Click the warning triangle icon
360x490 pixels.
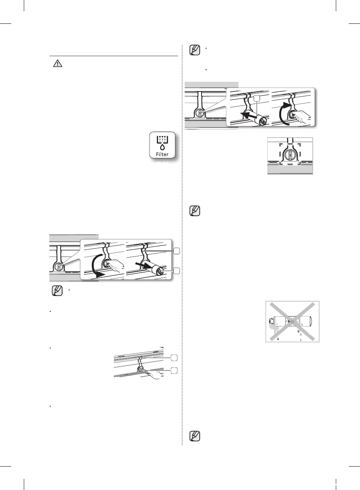click(58, 64)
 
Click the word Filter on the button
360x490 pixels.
click(162, 154)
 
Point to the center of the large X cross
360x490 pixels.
click(292, 321)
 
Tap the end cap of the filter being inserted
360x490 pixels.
click(263, 121)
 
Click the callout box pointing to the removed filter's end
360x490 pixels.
click(177, 271)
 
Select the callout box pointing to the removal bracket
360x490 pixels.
click(177, 251)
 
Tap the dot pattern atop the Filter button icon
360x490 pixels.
click(162, 139)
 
